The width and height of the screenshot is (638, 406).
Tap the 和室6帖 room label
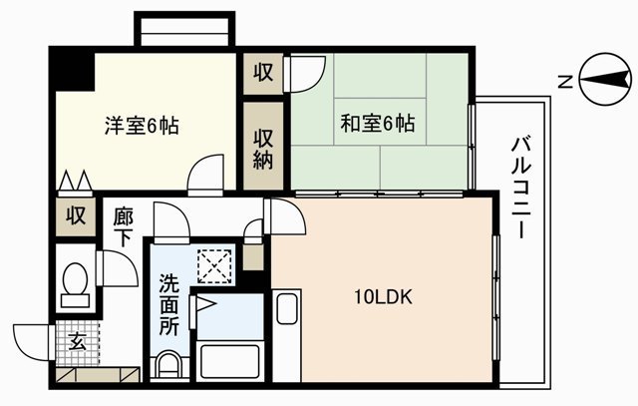(378, 125)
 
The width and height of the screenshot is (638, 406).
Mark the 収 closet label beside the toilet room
(76, 214)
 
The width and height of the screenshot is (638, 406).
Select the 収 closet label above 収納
(263, 73)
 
